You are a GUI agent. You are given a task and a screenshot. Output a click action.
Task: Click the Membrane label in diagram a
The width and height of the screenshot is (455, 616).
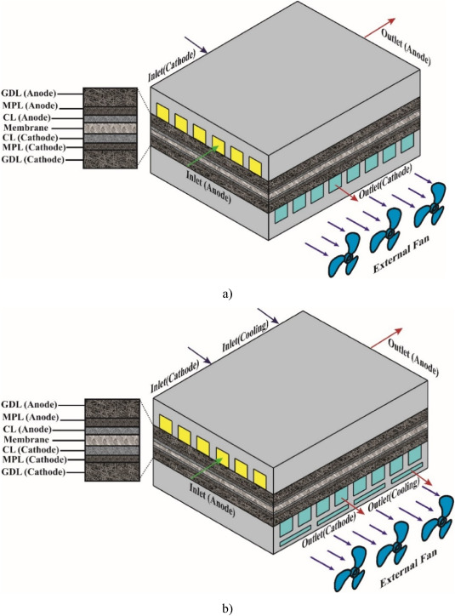pos(26,128)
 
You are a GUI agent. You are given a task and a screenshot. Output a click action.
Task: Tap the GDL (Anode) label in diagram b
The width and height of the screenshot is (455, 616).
pos(29,405)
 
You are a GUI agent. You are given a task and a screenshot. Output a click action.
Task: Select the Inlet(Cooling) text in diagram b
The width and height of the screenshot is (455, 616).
pos(246,336)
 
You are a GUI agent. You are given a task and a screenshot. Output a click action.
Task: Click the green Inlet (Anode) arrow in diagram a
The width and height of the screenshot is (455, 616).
pos(203,156)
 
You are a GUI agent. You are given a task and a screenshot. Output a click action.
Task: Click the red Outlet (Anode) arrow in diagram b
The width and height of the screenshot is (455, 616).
pos(387,339)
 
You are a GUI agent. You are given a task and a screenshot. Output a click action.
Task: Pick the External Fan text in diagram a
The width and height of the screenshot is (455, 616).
pos(401,254)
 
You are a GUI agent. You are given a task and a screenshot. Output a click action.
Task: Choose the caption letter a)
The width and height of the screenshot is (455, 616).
pos(227,294)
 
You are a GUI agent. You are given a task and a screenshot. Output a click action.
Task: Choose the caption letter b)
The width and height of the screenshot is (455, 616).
pos(227,609)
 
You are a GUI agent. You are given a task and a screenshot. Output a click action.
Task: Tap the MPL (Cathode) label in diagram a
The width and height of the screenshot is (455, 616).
pos(34,147)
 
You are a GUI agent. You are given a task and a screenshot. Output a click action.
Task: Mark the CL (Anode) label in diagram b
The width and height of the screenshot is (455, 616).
pos(26,429)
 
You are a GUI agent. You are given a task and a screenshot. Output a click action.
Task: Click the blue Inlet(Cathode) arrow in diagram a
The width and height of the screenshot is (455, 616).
pos(196,45)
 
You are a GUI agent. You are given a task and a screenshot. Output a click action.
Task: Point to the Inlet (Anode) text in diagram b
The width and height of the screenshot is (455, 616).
pos(213,499)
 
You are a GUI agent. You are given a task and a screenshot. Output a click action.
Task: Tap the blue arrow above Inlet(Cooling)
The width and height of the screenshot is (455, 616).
pos(268,317)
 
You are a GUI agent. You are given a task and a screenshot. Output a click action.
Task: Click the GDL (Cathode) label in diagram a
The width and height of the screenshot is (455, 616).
pos(33,159)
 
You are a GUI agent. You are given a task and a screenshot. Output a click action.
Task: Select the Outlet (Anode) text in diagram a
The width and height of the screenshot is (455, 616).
pos(406,47)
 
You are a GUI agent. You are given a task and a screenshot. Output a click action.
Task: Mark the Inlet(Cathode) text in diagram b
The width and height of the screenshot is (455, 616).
pos(174,377)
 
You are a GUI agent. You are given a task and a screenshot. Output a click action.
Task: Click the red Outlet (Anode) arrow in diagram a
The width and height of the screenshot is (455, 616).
pos(380,28)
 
